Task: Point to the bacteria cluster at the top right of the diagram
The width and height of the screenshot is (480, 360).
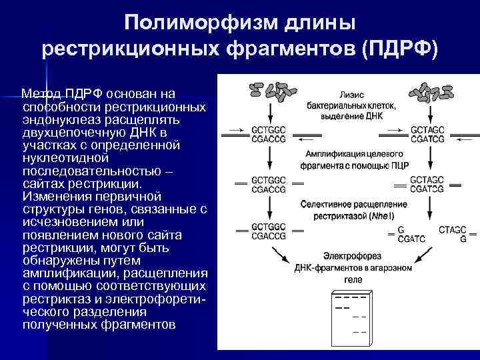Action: tap(429, 92)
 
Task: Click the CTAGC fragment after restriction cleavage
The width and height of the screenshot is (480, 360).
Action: tap(453, 230)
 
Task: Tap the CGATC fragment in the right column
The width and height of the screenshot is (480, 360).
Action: tap(411, 238)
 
